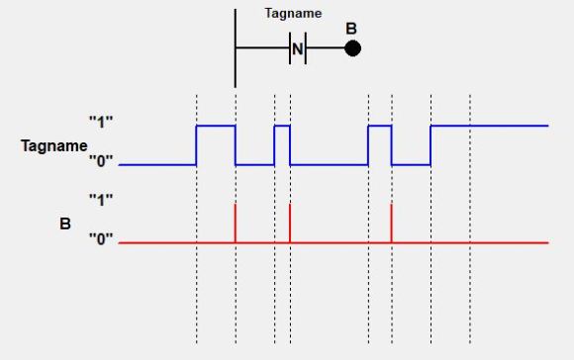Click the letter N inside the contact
[x=298, y=47]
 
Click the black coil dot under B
[x=352, y=47]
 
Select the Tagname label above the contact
[x=293, y=15]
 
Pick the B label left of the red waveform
[x=65, y=224]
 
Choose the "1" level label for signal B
[x=102, y=199]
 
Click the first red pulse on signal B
[x=236, y=223]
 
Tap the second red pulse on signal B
[x=290, y=223]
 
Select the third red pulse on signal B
[x=392, y=223]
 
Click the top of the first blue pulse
[x=216, y=126]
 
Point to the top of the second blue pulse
[x=282, y=126]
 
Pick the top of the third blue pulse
[x=380, y=126]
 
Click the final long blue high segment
[x=490, y=126]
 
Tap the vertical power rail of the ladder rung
[x=236, y=47]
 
